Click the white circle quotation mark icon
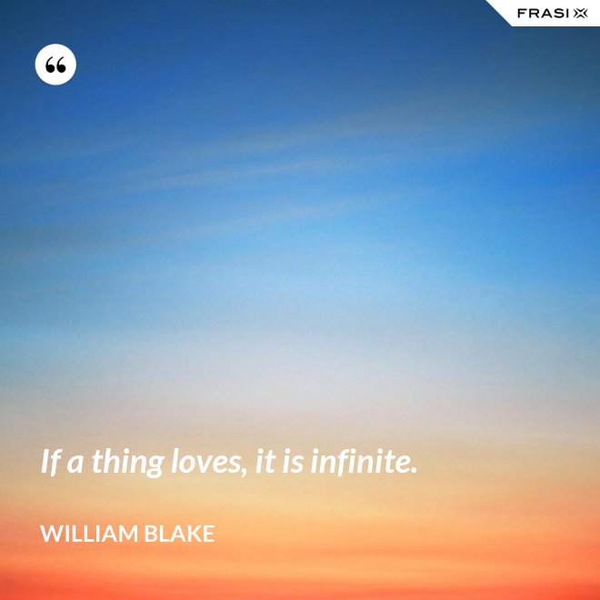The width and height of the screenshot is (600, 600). [55, 65]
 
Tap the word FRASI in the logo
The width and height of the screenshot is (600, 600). [543, 14]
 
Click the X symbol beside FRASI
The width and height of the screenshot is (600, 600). [581, 14]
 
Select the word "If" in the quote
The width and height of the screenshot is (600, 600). [51, 462]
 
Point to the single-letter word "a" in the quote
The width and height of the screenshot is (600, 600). [75, 465]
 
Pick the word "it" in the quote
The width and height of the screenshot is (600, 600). [265, 462]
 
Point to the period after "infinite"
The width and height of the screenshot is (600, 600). [413, 470]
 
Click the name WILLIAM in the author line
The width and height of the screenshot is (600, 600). [89, 534]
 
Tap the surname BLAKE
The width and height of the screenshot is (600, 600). [180, 534]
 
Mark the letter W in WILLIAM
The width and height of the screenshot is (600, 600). [52, 534]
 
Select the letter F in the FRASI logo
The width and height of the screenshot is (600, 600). [522, 14]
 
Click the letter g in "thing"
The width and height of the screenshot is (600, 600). [155, 467]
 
